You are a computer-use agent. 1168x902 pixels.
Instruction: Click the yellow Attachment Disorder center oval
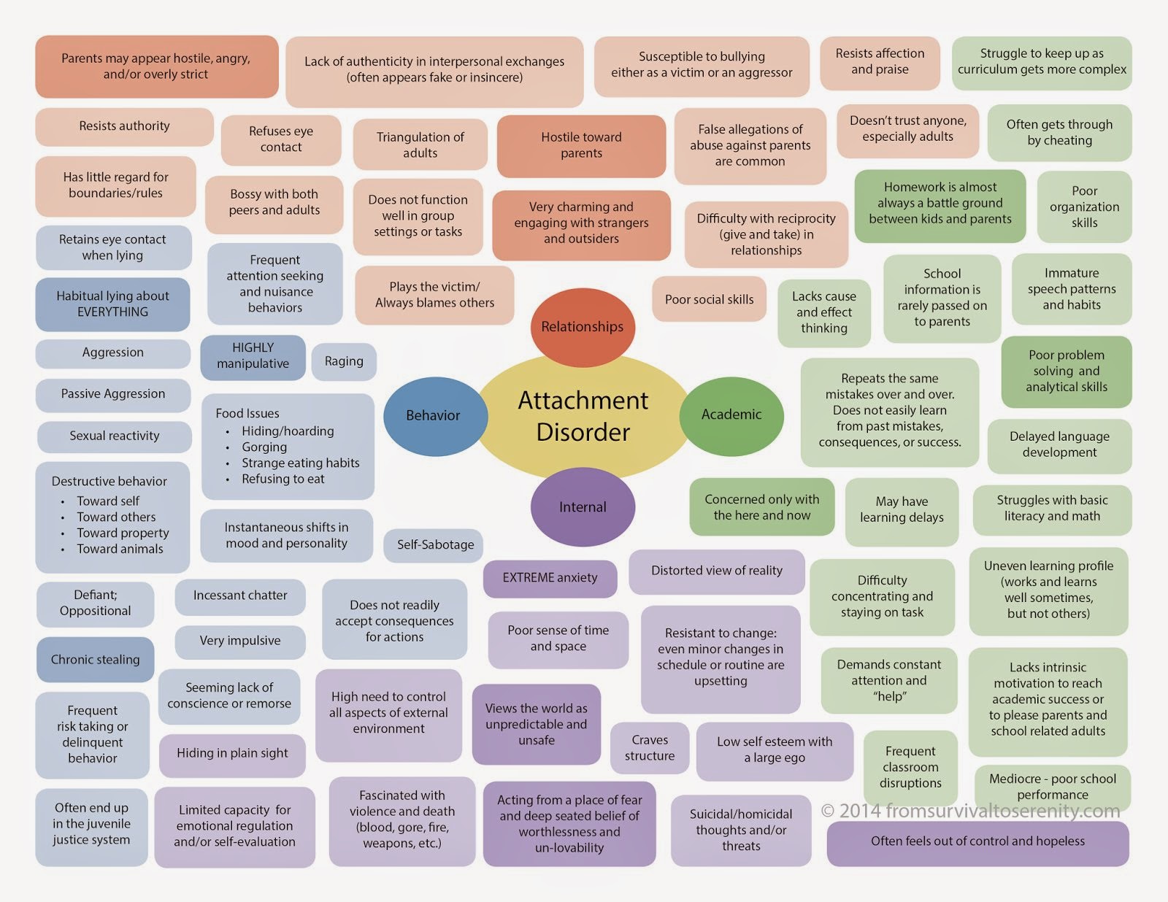pos(583,417)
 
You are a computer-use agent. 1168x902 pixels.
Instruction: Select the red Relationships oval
pos(583,327)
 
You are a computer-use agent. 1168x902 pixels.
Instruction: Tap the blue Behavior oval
pos(435,417)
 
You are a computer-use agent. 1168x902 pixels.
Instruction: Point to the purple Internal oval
pos(583,506)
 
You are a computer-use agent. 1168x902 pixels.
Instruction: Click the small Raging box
pos(344,361)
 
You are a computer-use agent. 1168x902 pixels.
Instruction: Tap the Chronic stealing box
pos(95,660)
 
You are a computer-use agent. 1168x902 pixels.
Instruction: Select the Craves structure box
pos(649,748)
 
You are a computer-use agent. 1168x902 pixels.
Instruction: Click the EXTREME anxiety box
pos(550,578)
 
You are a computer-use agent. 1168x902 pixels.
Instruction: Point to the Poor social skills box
pos(709,300)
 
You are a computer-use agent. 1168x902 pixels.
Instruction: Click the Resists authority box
pos(124,127)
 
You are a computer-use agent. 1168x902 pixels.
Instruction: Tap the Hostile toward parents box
pos(581,145)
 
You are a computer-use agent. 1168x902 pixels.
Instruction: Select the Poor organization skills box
pos(1084,207)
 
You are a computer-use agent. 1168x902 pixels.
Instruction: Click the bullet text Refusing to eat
pos(283,479)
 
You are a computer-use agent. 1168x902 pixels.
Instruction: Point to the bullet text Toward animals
pos(119,549)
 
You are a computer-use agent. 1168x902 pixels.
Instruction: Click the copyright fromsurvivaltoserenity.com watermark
pos(970,811)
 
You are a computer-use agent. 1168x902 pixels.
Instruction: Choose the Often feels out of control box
pos(977,842)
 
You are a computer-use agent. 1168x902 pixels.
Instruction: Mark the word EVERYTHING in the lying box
pos(112,312)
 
